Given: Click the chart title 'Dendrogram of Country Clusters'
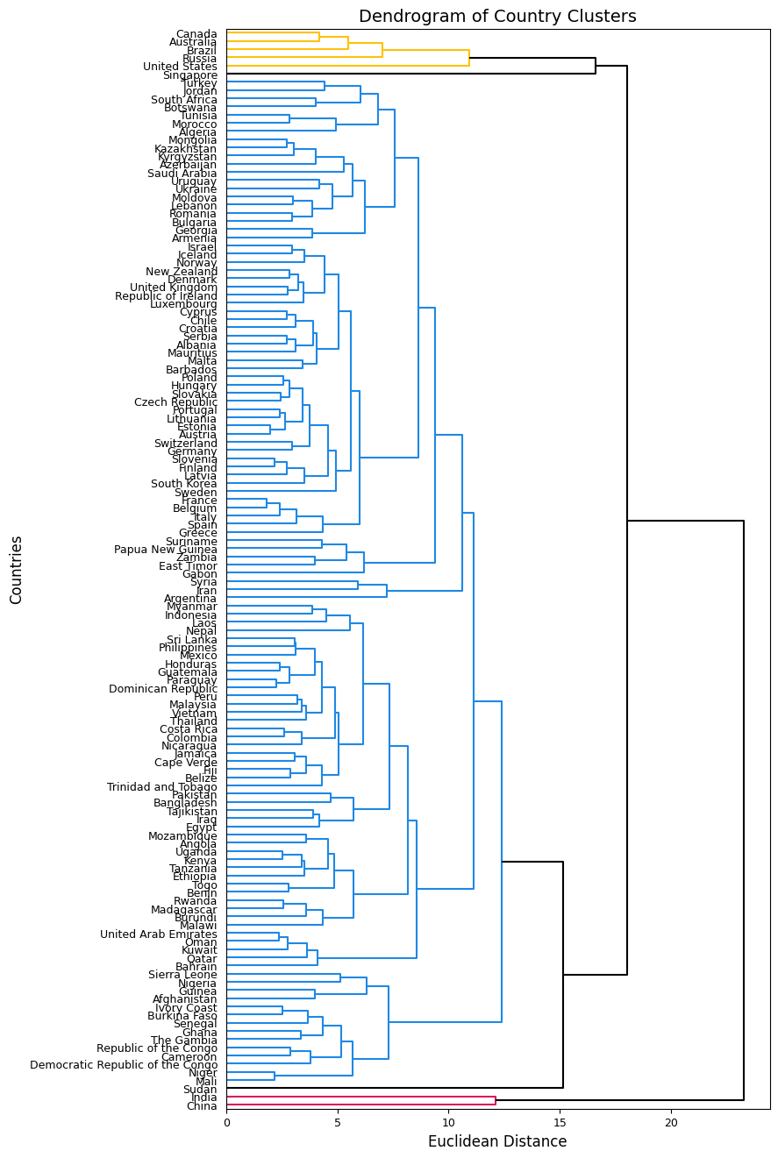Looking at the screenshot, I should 497,17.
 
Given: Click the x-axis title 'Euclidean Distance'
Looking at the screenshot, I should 497,1141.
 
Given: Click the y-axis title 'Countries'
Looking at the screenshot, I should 17,570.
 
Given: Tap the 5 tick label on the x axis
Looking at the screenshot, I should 338,1121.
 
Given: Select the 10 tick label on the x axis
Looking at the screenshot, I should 448,1121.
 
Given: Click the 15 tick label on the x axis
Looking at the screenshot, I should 560,1121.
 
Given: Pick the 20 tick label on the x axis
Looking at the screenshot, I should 671,1121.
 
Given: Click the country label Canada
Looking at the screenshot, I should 196,34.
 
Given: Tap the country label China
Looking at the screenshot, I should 202,1106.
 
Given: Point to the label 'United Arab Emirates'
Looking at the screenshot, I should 159,934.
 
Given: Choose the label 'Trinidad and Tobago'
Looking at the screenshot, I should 162,787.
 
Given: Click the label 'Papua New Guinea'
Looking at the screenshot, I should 166,550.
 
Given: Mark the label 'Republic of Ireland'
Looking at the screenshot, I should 167,296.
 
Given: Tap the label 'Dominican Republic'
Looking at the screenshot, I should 163,689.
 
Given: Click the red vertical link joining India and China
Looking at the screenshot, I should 496,1101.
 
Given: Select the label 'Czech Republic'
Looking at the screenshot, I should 175,402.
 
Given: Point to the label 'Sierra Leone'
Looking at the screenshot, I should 182,975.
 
